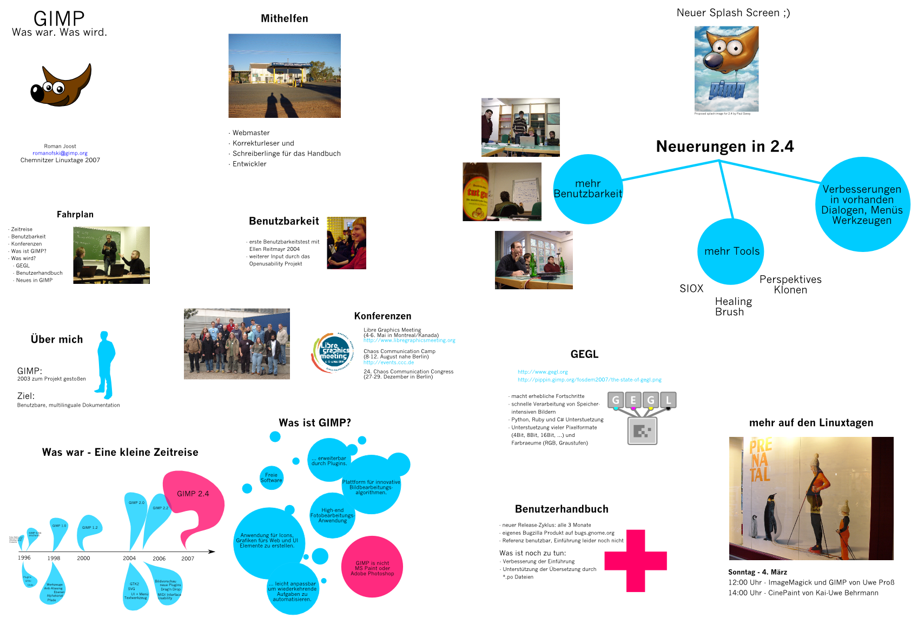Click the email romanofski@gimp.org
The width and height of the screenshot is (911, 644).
click(x=60, y=153)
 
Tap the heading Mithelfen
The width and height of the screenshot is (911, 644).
click(x=285, y=18)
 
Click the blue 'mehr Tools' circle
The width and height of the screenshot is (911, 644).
click(x=731, y=251)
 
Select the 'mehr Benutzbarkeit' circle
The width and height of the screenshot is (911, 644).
click(x=587, y=189)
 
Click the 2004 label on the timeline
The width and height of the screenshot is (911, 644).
click(x=129, y=558)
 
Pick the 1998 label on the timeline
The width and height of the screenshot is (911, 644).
click(x=54, y=558)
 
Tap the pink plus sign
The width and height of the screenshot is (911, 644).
click(x=636, y=561)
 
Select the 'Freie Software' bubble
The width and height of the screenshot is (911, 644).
click(x=271, y=478)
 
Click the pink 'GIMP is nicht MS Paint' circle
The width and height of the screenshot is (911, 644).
click(x=372, y=567)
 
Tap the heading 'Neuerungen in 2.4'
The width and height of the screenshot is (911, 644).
click(x=724, y=147)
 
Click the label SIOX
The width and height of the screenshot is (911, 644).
click(x=691, y=289)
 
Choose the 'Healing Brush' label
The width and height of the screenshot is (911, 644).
click(x=733, y=307)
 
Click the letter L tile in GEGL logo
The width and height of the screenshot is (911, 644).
click(x=668, y=400)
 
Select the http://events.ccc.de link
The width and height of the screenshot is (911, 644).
click(x=388, y=362)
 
